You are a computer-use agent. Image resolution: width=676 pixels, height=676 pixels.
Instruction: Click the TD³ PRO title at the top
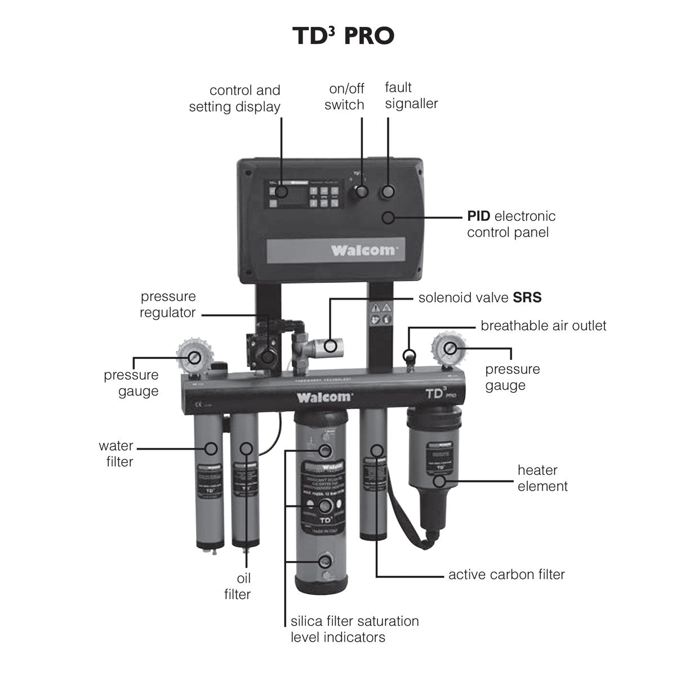pos(343,35)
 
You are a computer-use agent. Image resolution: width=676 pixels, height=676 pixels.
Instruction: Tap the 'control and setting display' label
pos(235,99)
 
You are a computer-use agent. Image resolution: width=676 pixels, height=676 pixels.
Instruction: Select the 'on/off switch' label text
pos(344,96)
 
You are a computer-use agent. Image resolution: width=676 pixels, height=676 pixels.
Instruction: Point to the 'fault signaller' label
pos(411,95)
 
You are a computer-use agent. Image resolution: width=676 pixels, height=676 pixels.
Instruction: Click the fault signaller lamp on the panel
pos(388,192)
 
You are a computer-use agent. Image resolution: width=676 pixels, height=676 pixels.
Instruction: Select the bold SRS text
pos(527,297)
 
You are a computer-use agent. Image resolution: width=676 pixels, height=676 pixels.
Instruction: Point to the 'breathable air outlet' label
pos(543,326)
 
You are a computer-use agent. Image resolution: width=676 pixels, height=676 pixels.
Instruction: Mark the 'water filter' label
pos(116,453)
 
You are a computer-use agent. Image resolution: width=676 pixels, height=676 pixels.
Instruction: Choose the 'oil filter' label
pos(237,586)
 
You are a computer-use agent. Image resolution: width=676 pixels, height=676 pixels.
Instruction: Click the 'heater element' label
pos(542,478)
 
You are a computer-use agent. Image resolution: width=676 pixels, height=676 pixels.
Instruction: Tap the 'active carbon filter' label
pos(506,575)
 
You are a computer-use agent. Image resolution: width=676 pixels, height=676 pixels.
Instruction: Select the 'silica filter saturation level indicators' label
pos(354,629)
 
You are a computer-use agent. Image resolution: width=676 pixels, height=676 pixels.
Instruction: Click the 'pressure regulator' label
pos(168,304)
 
